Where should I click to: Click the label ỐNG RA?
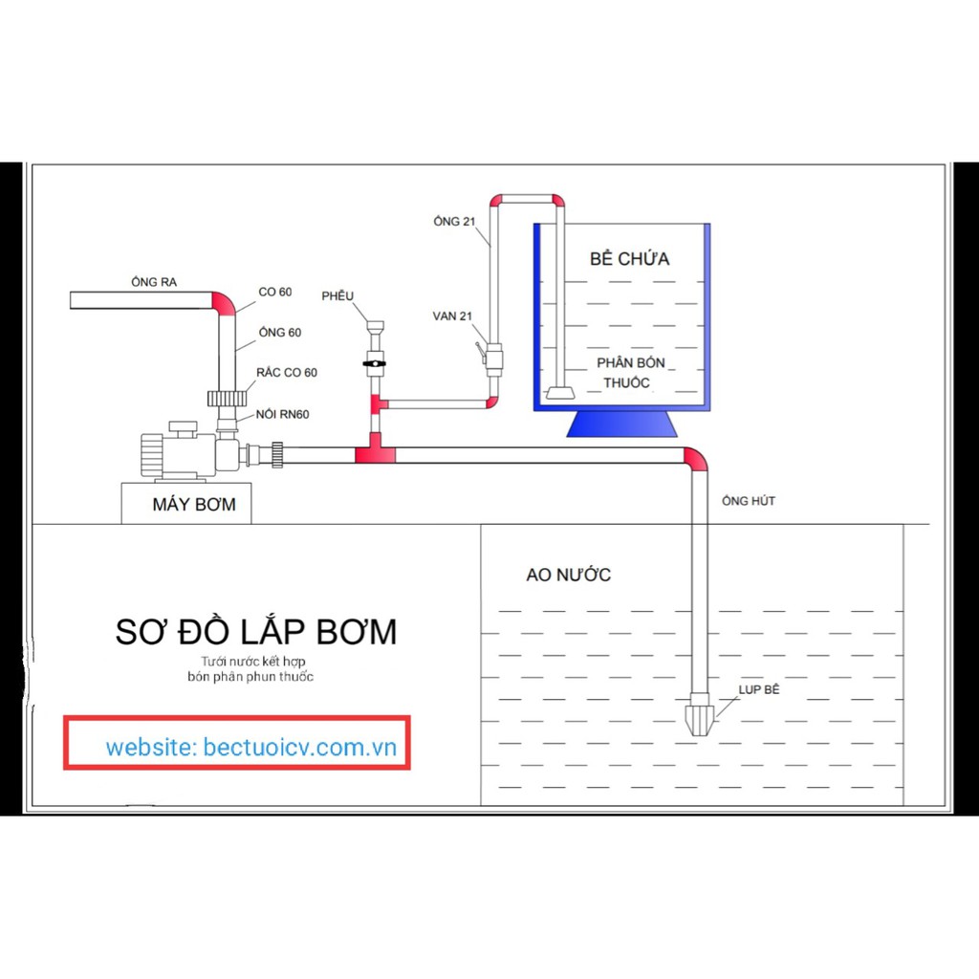tap(154, 282)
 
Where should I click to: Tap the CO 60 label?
tap(274, 292)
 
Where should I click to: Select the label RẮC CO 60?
tap(287, 372)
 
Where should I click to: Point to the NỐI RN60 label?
tap(282, 414)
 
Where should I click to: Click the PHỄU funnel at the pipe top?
tap(375, 327)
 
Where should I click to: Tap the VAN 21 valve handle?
tap(480, 352)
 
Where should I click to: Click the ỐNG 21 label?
tap(454, 221)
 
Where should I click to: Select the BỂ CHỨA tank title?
tap(629, 258)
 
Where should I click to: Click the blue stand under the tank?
tap(621, 424)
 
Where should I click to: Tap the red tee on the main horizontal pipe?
tap(375, 451)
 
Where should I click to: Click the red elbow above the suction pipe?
tap(696, 459)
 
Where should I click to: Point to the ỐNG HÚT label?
tap(748, 501)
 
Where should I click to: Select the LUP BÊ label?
tap(759, 689)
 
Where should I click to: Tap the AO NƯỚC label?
tap(568, 575)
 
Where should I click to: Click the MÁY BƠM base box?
tap(186, 503)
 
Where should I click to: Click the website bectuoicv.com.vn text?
tap(251, 747)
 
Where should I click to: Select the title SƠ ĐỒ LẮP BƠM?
tap(256, 631)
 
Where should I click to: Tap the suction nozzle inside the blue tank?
tap(560, 393)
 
